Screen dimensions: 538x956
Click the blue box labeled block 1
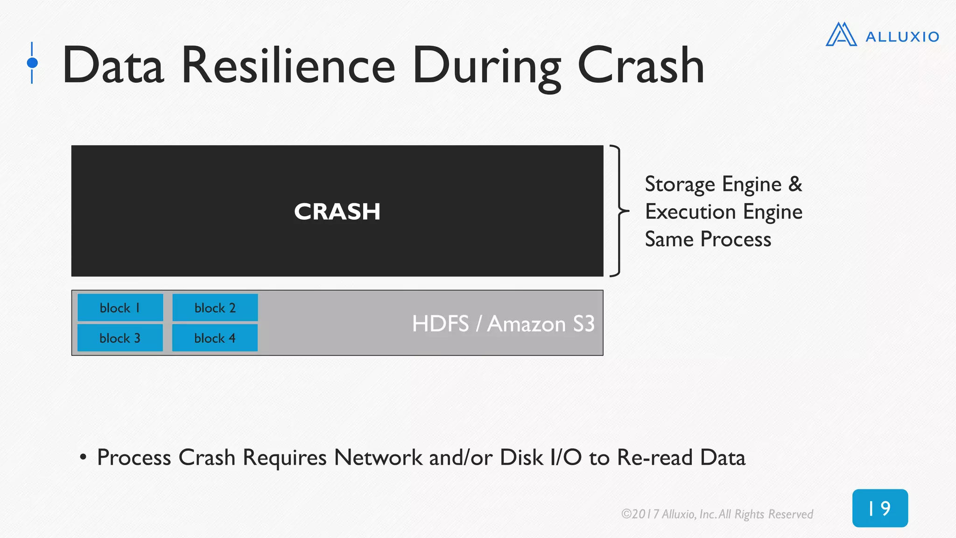point(120,308)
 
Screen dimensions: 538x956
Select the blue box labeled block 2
point(215,308)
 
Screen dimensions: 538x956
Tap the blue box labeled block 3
point(120,338)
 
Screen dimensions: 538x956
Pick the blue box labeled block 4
point(215,338)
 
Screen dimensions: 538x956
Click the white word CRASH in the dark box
point(337,212)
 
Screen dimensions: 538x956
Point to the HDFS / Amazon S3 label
point(503,324)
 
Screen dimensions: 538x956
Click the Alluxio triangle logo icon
point(841,35)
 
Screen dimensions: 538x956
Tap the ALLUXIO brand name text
point(902,37)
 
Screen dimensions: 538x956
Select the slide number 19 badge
point(880,508)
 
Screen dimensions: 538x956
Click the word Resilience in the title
point(288,66)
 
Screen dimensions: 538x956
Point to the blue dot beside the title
point(32,63)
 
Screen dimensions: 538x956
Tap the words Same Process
point(708,240)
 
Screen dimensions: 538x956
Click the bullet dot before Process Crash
point(83,457)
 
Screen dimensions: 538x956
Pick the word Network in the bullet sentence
point(378,457)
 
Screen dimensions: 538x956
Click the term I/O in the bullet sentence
point(566,457)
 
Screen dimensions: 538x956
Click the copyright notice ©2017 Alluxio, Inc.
point(717,514)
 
